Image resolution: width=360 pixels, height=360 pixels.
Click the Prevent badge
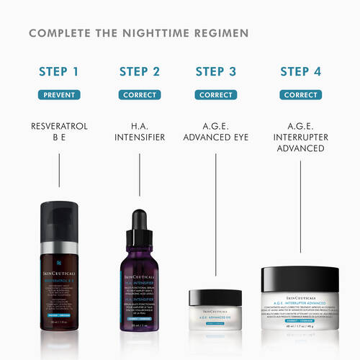click(x=60, y=94)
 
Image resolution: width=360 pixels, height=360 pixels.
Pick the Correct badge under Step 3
click(x=216, y=94)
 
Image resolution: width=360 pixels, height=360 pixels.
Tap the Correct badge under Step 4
click(x=300, y=94)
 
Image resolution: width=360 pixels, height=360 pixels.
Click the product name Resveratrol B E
click(x=60, y=132)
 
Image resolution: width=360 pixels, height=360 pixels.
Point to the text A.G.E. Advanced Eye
click(x=216, y=132)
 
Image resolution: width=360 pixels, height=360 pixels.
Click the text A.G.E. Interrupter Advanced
click(x=300, y=138)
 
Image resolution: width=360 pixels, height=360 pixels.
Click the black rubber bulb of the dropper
click(x=138, y=220)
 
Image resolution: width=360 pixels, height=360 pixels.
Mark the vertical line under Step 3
click(x=216, y=216)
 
